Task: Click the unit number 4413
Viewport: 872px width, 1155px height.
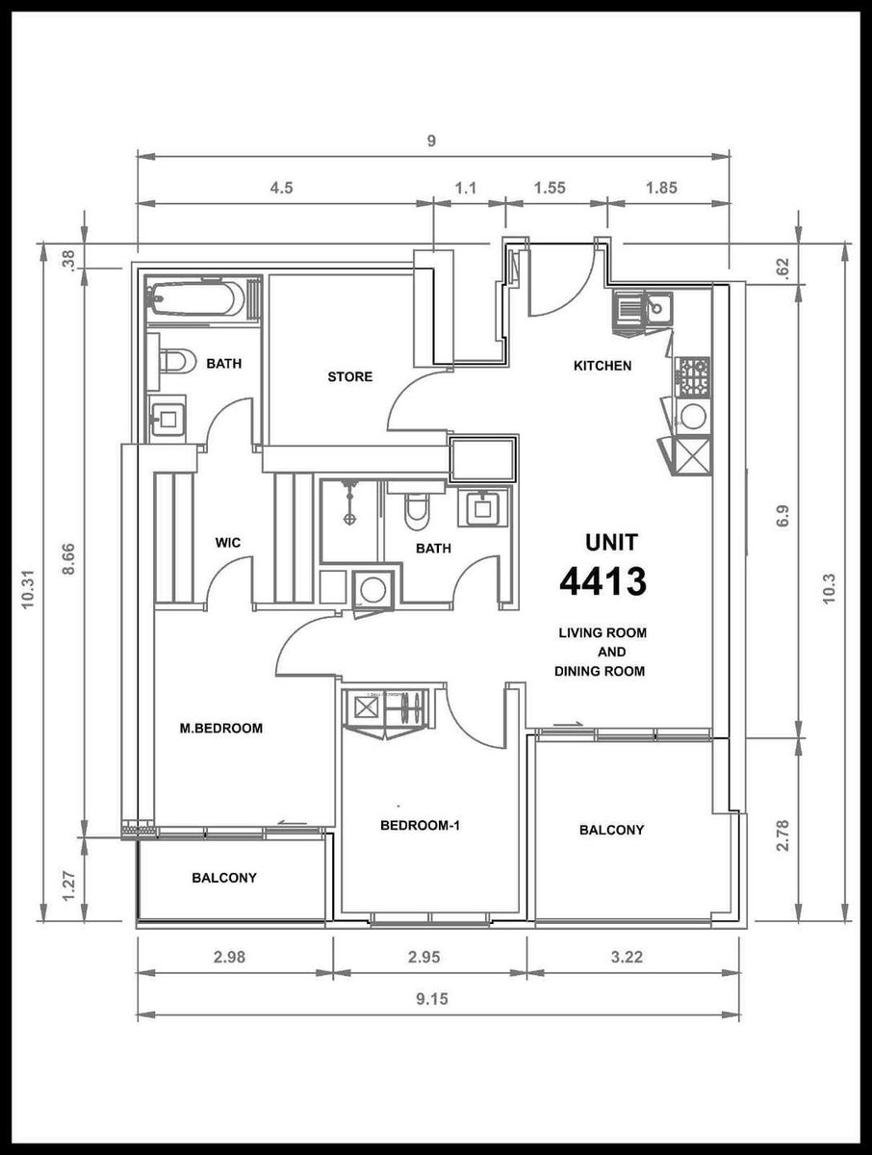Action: point(603,582)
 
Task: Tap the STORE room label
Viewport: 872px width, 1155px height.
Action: point(349,376)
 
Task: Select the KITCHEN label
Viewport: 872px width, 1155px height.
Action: point(603,366)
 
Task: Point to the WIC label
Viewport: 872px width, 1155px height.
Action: point(228,542)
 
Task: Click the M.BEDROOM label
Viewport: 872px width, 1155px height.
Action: point(221,729)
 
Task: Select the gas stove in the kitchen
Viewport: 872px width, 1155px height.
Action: point(694,377)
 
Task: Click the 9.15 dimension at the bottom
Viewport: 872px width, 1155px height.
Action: point(432,999)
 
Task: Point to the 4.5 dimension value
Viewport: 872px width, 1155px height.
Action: point(281,188)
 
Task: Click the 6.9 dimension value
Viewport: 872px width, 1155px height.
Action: point(782,516)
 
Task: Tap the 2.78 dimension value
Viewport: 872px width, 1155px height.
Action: point(782,835)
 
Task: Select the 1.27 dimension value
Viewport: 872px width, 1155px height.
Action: point(69,887)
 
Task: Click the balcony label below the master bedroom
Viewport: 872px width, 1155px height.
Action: point(224,878)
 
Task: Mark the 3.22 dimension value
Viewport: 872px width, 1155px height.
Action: point(627,957)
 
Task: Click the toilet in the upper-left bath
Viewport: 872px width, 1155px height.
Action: point(171,362)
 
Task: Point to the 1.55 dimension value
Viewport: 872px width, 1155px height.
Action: point(550,188)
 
